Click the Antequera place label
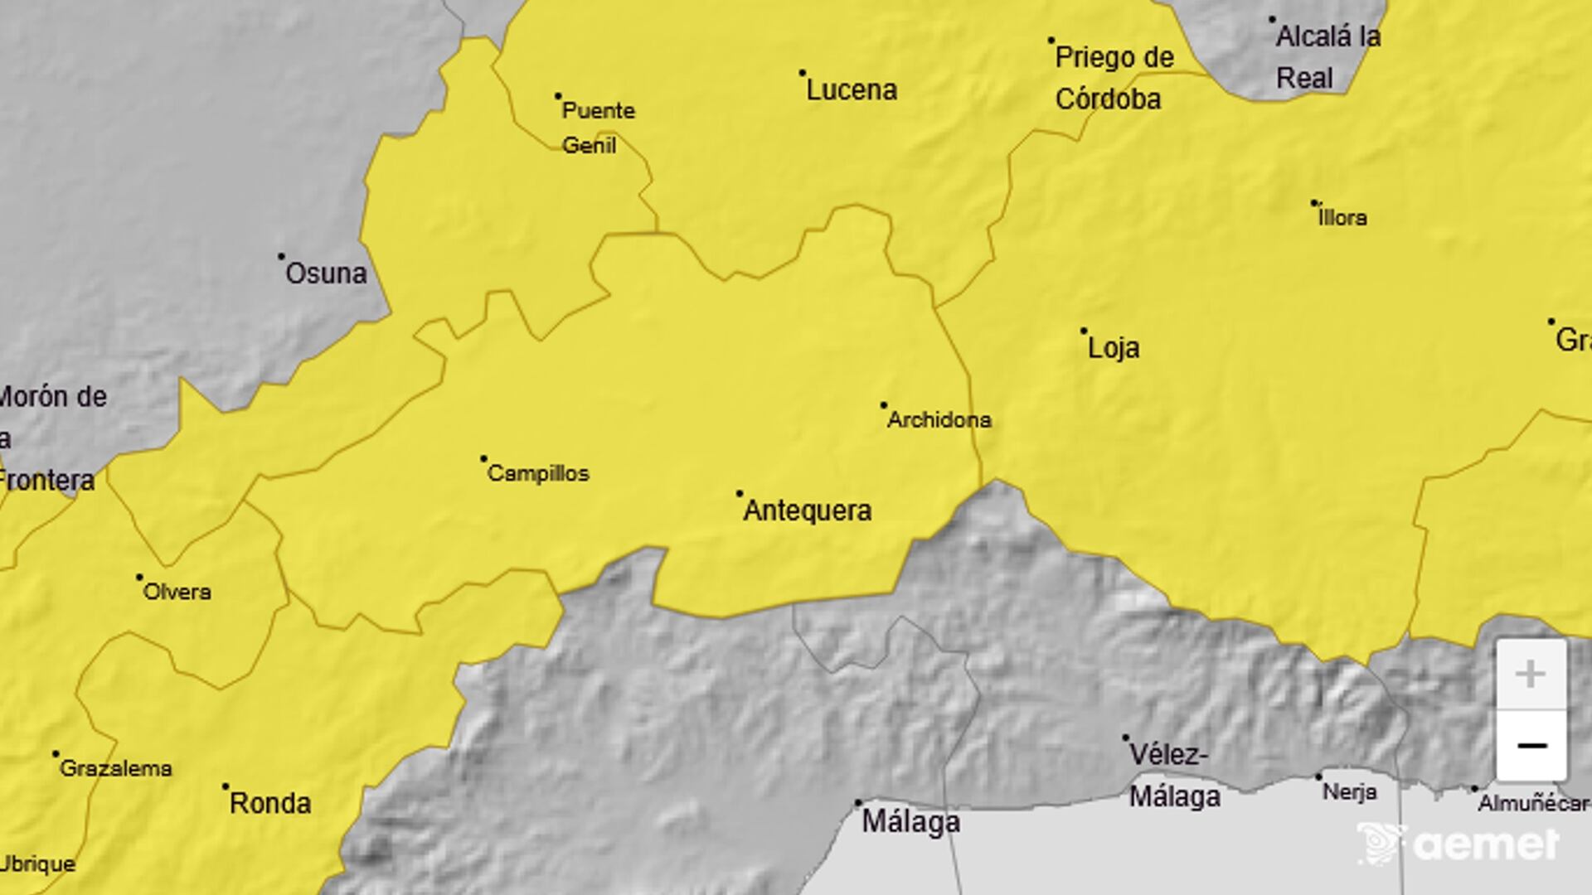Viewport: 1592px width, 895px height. (807, 510)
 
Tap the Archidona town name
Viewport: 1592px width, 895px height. (939, 420)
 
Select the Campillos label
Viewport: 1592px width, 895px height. (538, 474)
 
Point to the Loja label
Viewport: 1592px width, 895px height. (1113, 348)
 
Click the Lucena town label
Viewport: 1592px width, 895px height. (852, 89)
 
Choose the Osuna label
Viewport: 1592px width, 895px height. (326, 273)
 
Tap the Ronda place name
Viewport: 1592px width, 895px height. (270, 803)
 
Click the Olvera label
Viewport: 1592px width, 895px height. (177, 592)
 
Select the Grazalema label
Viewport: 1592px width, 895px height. (116, 769)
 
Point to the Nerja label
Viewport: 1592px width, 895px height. (1349, 792)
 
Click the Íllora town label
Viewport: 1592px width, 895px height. (1342, 218)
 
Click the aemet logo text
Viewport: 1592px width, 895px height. (1485, 844)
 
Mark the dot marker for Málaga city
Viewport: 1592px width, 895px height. (858, 803)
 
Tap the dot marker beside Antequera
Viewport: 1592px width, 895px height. (740, 494)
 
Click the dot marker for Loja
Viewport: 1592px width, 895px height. (1084, 331)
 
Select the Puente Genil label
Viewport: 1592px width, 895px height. (598, 128)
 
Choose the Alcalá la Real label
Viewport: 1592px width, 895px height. (1327, 57)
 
